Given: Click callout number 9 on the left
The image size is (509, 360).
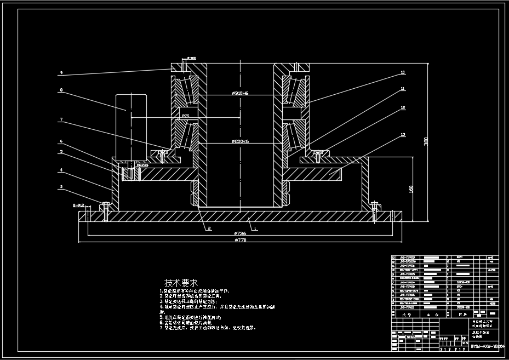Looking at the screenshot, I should [61, 72].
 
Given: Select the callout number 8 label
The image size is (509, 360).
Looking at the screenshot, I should [61, 90].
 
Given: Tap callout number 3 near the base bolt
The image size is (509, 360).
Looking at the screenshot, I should [61, 187].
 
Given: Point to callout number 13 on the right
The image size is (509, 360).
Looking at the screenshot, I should [403, 134].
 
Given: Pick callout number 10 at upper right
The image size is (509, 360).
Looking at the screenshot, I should [403, 72].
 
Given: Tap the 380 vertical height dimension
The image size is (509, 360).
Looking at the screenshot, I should [426, 142].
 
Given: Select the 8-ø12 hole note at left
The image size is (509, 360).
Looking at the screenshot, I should [79, 205].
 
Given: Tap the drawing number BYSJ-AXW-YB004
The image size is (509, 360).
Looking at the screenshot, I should [489, 346].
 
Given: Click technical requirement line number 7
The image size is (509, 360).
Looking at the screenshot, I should [208, 328].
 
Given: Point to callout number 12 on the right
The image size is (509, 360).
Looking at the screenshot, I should [403, 108].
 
